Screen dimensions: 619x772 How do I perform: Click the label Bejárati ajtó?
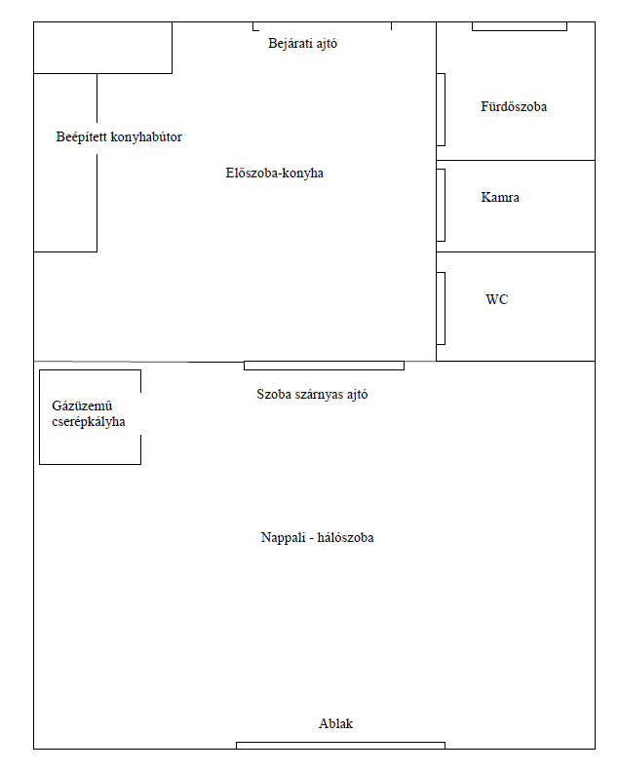point(302,44)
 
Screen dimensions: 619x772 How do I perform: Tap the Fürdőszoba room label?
point(514,106)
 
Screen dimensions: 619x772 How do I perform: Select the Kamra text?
point(500,198)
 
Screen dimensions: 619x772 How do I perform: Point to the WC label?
point(497,299)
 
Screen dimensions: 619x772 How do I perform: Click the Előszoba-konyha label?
point(274,173)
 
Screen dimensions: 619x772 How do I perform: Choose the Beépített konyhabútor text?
point(119,136)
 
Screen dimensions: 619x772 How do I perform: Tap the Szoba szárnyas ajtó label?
point(312,395)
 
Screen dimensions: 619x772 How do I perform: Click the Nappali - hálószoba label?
point(317,537)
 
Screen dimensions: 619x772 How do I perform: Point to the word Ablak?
point(336,723)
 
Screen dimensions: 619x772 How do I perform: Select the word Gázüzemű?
point(82,405)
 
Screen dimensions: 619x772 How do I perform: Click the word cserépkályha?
point(89,422)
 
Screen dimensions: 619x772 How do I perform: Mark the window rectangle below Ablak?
point(341,746)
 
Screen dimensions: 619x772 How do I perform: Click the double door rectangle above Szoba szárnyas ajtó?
point(324,366)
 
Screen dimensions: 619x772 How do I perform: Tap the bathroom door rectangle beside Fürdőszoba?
point(441,110)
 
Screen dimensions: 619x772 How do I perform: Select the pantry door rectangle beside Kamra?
point(441,206)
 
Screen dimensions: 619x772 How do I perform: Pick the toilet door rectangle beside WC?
point(441,308)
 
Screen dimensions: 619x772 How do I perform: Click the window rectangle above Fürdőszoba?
point(520,26)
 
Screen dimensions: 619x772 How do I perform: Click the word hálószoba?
point(346,537)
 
